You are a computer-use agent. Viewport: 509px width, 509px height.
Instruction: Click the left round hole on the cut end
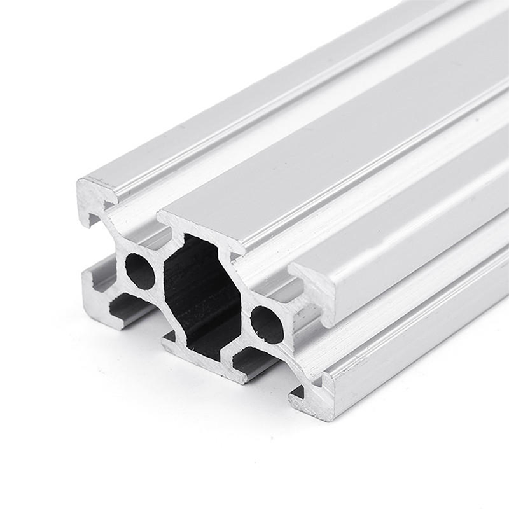(140, 271)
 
